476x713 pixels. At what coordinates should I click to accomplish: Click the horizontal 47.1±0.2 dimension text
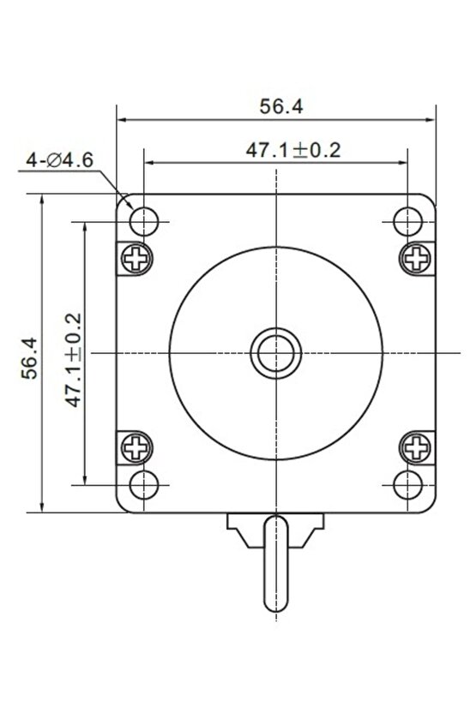(x=293, y=150)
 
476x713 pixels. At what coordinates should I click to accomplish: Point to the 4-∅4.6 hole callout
(x=59, y=159)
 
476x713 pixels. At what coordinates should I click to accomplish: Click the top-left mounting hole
(x=144, y=222)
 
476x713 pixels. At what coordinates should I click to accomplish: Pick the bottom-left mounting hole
(x=144, y=484)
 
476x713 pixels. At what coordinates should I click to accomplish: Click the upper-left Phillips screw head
(x=136, y=257)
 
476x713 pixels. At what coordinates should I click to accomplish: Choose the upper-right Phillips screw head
(x=416, y=257)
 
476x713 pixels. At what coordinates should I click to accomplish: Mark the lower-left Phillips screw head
(x=136, y=446)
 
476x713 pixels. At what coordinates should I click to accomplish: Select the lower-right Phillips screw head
(x=416, y=446)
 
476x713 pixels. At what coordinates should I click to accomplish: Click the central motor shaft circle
(x=275, y=352)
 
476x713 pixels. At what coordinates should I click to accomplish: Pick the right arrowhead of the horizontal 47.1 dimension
(x=402, y=161)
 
